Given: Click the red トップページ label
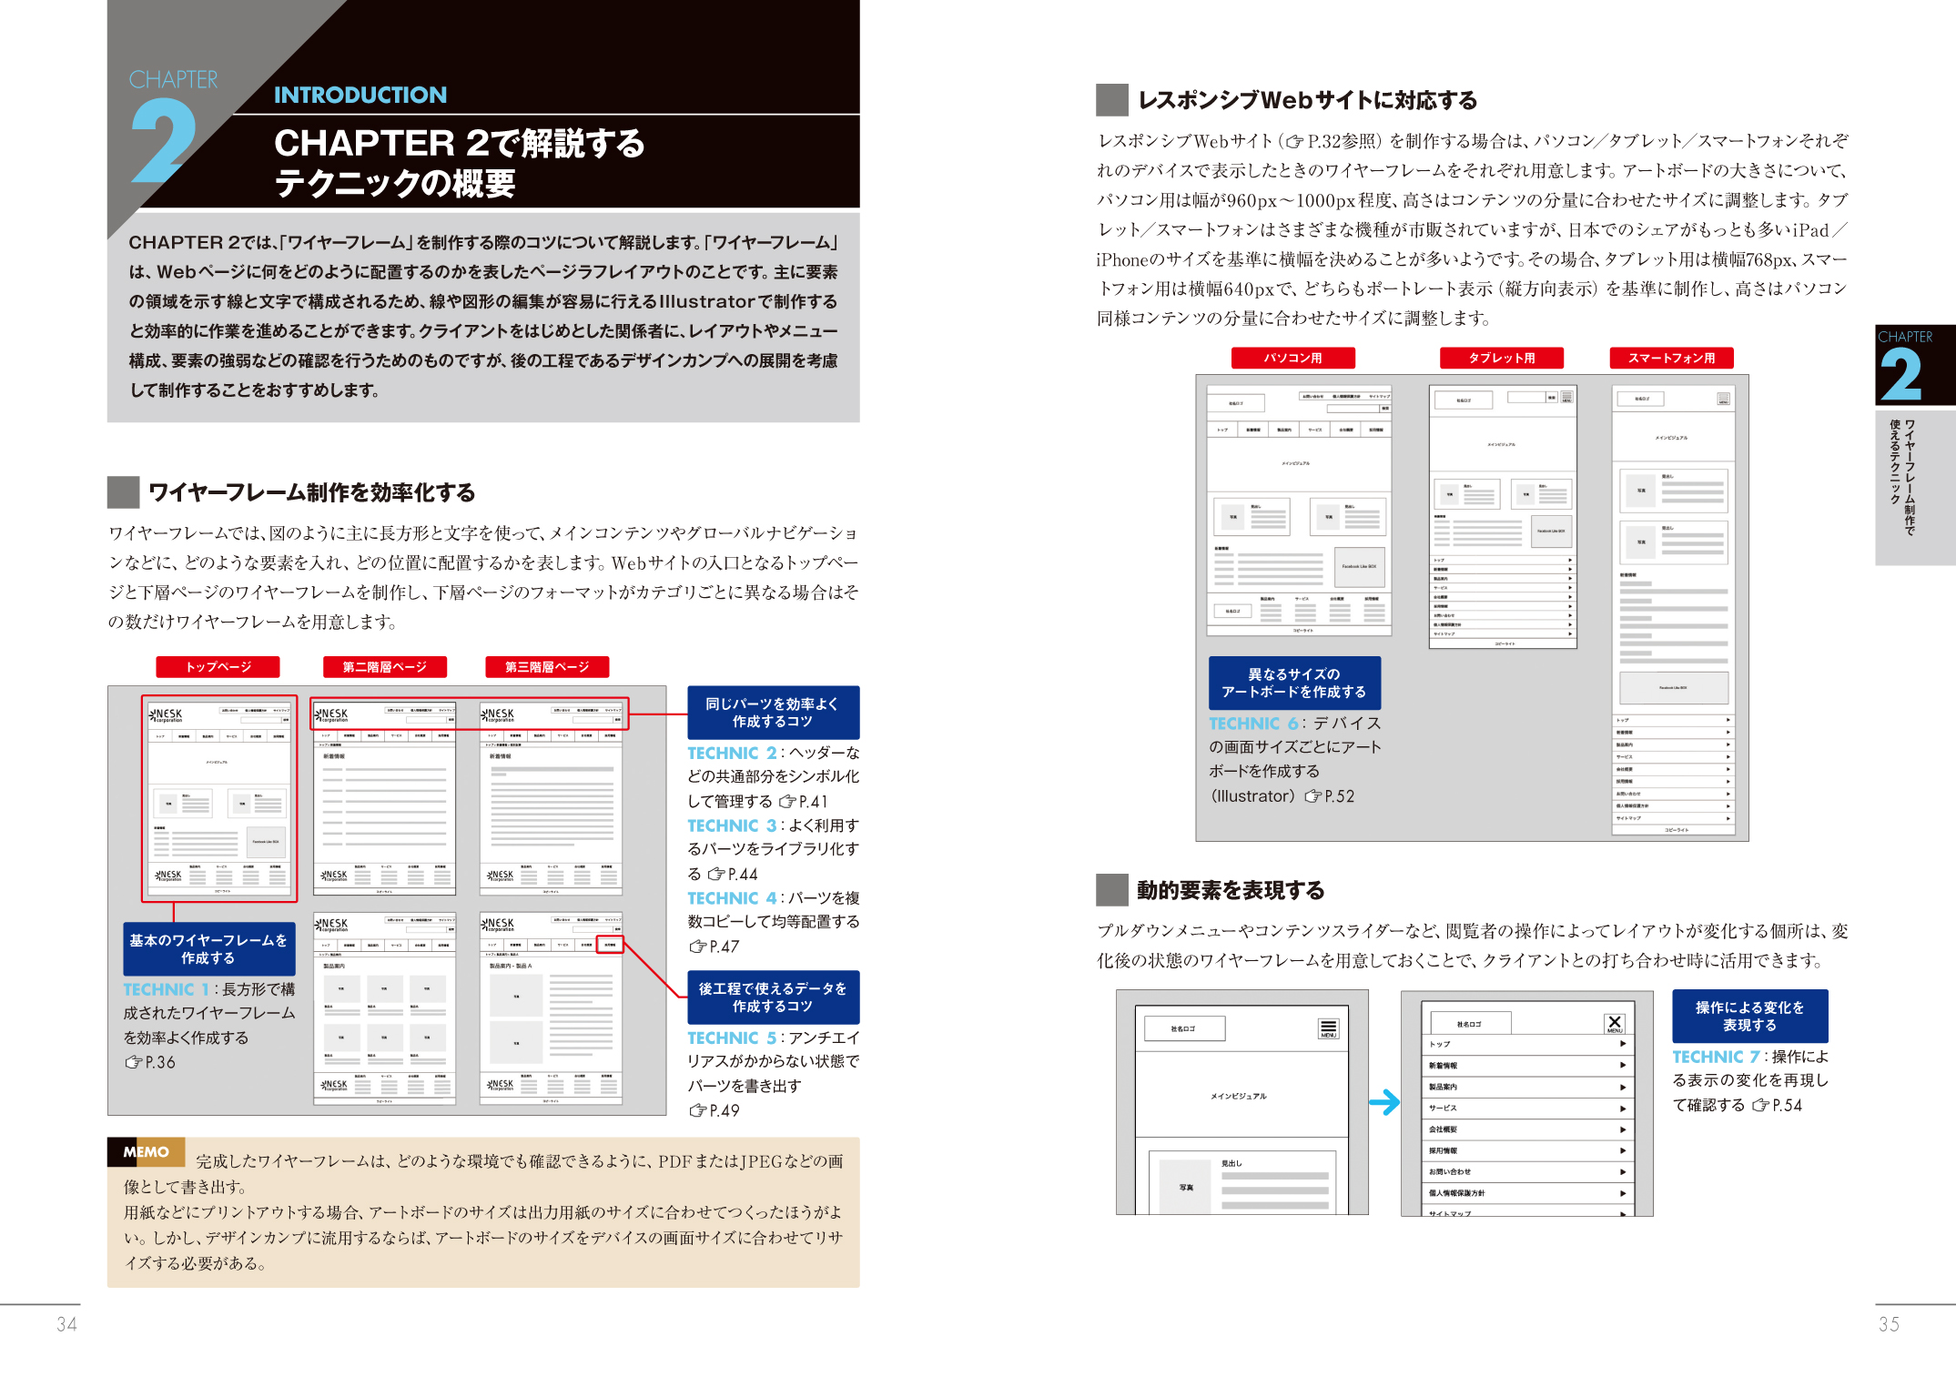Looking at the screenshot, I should coord(218,667).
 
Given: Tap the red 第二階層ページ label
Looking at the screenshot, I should coord(384,667).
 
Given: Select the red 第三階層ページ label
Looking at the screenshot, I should coord(546,667).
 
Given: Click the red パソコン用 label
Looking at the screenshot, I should coord(1292,359).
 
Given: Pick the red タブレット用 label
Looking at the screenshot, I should coord(1501,359).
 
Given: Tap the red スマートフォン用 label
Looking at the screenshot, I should coord(1671,359).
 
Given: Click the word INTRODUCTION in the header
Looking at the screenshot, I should coord(360,96).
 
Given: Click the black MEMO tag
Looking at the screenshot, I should coord(146,1152).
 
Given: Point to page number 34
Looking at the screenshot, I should coord(66,1324).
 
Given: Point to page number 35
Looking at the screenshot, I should coord(1889,1324).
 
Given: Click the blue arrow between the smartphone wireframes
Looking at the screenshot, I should coord(1383,1102).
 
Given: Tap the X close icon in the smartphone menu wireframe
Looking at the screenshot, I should coord(1615,1023).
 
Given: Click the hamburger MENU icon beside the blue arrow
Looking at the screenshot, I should coord(1328,1028).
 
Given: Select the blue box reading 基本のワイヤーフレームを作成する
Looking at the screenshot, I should coord(208,949).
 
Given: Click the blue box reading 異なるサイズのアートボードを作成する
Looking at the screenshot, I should coord(1293,683).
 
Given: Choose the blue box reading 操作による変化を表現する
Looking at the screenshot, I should coord(1748,1016).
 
